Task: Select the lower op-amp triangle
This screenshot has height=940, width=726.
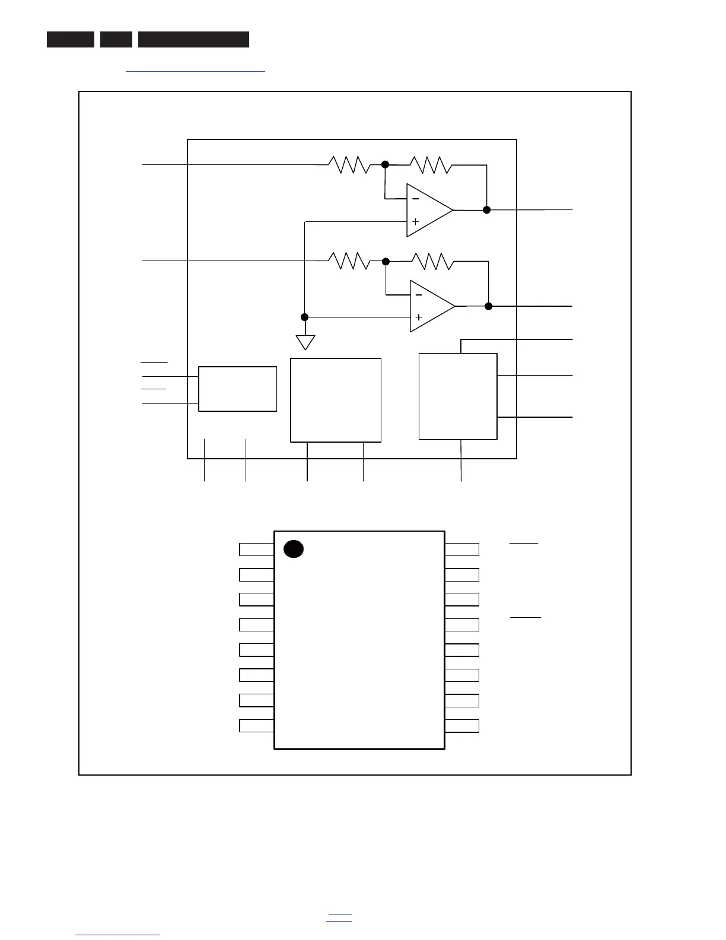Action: [x=431, y=306]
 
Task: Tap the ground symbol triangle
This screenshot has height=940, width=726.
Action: [x=305, y=342]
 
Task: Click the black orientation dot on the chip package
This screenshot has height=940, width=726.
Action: [x=294, y=549]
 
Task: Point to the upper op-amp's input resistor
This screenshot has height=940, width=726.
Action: [x=349, y=164]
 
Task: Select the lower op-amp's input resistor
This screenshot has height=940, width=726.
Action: [x=349, y=261]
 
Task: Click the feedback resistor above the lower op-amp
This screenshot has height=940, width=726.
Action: [x=433, y=261]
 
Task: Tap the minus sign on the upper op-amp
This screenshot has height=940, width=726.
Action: [x=415, y=199]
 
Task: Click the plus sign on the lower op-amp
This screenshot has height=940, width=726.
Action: [x=419, y=317]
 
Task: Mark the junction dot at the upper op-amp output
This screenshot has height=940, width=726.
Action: [x=486, y=209]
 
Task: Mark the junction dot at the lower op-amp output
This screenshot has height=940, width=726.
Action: [x=488, y=306]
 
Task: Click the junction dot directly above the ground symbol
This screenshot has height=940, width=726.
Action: [x=305, y=317]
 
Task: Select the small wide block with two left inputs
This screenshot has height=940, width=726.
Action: [x=237, y=389]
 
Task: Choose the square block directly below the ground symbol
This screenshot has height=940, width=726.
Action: [x=335, y=400]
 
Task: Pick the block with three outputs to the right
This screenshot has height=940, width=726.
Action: [x=458, y=396]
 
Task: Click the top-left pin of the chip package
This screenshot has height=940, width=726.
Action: [x=256, y=550]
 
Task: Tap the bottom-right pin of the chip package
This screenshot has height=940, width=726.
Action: [x=461, y=726]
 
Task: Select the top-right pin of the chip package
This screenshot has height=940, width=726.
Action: [x=461, y=550]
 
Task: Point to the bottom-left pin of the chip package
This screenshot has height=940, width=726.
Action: [x=256, y=726]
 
